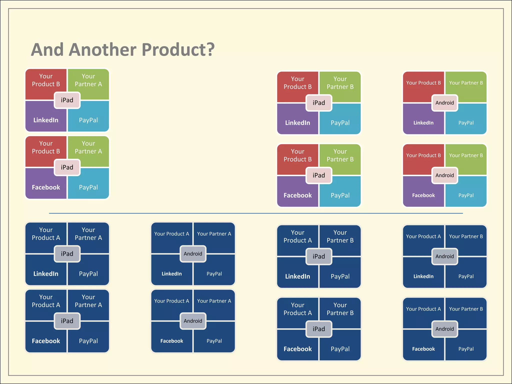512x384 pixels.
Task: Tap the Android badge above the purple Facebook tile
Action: pyautogui.click(x=444, y=175)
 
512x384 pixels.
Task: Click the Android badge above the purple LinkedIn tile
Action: pyautogui.click(x=444, y=103)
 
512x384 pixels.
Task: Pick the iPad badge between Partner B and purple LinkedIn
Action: pyautogui.click(x=319, y=103)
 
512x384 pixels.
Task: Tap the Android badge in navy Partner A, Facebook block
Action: pyautogui.click(x=193, y=321)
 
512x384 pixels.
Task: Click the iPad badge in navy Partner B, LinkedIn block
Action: pyautogui.click(x=319, y=256)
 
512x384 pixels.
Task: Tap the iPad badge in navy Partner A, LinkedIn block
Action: pyautogui.click(x=67, y=254)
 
